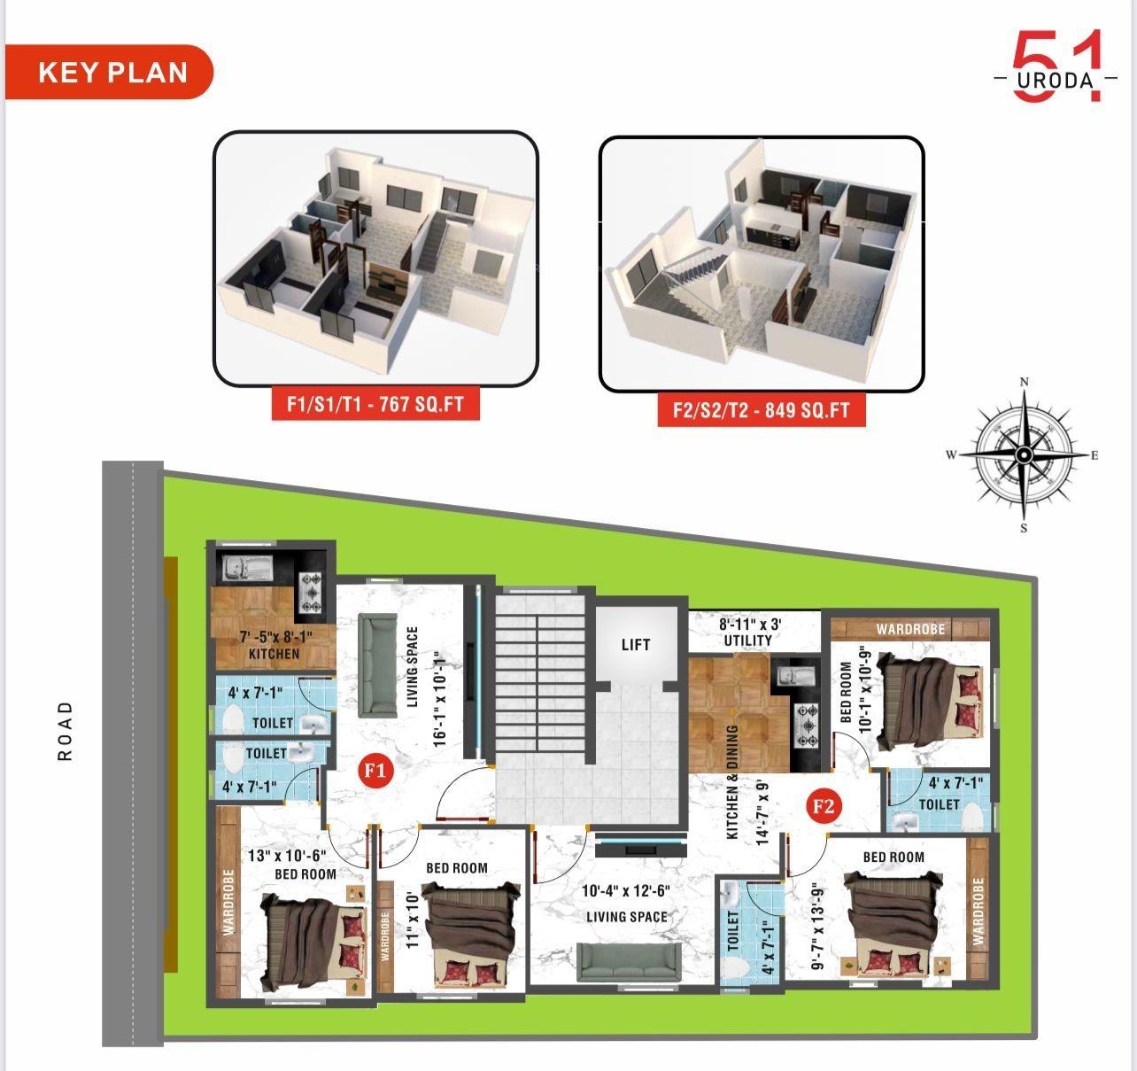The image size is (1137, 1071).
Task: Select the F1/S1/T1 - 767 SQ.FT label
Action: click(375, 405)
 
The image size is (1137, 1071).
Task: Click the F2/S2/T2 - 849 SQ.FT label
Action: click(761, 410)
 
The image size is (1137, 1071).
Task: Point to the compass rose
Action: click(1024, 454)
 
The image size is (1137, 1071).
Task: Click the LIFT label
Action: click(635, 645)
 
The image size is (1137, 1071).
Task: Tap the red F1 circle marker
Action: click(375, 771)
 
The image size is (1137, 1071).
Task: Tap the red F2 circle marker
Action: click(823, 807)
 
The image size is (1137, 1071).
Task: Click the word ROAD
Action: click(65, 731)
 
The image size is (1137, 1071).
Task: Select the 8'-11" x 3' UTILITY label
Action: click(748, 632)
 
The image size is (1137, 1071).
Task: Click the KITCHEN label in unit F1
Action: click(274, 654)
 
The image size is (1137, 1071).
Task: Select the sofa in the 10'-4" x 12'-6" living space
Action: click(629, 962)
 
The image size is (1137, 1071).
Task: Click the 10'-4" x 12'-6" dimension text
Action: click(626, 891)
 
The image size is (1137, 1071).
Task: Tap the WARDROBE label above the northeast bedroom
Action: click(910, 629)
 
